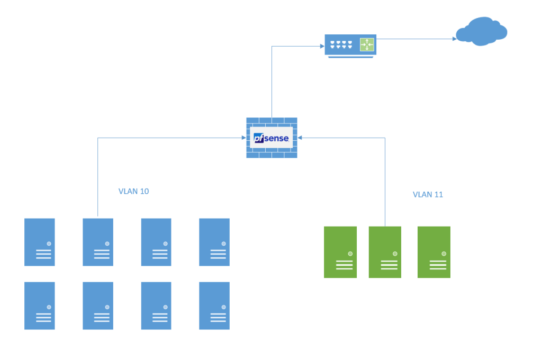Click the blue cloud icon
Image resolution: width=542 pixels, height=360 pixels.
482,32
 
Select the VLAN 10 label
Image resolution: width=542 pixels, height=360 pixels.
133,192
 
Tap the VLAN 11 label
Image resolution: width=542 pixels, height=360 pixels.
428,195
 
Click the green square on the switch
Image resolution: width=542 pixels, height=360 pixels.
367,45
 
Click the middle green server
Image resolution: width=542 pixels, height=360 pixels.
385,252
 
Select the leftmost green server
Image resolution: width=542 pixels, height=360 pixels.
340,252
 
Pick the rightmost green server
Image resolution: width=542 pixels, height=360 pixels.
433,252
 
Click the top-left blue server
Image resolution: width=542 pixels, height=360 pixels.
40,242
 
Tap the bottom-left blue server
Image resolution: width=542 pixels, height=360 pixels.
40,305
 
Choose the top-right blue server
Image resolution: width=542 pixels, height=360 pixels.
214,242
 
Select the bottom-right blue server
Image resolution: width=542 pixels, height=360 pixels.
214,305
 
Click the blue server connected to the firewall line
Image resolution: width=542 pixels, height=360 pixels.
98,242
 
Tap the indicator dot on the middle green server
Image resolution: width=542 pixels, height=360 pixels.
395,253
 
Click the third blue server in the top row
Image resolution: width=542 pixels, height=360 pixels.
156,242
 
